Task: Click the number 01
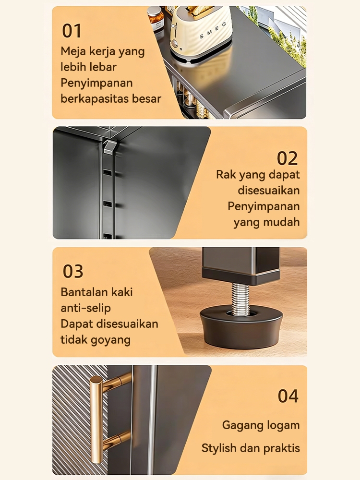(x=72, y=31)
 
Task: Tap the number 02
(x=287, y=158)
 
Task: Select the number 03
(x=73, y=271)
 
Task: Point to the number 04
(x=288, y=396)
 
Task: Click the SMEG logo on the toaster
(x=213, y=30)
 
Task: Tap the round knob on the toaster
(x=174, y=44)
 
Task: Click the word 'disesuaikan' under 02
(x=269, y=190)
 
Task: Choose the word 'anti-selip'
(x=85, y=308)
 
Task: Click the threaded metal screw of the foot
(x=240, y=299)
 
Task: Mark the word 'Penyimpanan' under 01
(x=96, y=83)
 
